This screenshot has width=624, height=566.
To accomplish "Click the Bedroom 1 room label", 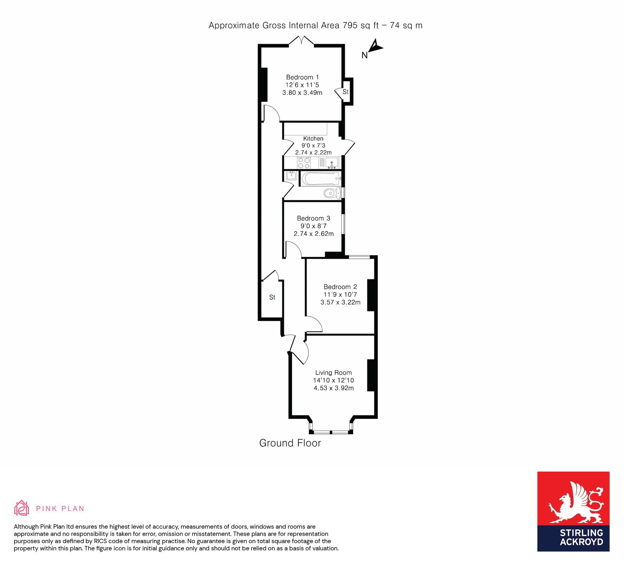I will [302, 77].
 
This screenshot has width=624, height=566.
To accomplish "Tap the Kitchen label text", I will [313, 139].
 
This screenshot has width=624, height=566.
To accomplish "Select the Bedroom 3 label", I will [313, 219].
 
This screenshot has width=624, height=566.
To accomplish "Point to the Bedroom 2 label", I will [340, 287].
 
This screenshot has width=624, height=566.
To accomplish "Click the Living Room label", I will [333, 373].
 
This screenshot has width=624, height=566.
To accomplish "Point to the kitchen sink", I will [332, 163].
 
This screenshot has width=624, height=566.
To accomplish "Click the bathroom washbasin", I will [291, 175].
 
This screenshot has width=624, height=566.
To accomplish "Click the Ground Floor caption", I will [290, 443].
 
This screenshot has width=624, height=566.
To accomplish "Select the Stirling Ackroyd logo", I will [573, 512].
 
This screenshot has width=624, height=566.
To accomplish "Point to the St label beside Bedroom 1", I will [345, 92].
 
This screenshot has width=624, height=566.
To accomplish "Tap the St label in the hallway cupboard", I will [272, 297].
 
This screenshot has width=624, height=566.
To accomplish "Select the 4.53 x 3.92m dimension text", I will [334, 388].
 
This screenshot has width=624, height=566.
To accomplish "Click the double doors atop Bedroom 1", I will [301, 41].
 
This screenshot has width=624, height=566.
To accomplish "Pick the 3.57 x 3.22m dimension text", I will [340, 302].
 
